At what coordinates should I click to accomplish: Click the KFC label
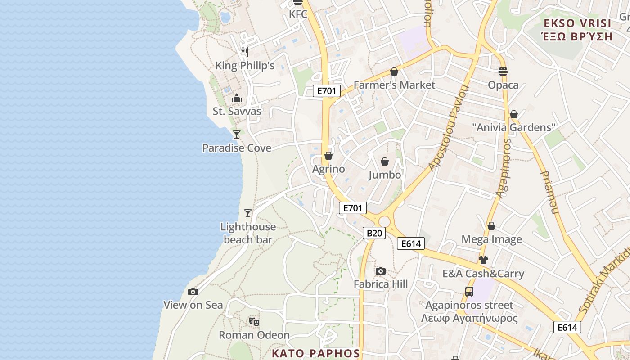point(298,14)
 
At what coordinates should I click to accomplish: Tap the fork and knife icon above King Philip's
point(245,52)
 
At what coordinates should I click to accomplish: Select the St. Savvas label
point(237,111)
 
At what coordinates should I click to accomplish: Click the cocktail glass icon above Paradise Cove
point(236,134)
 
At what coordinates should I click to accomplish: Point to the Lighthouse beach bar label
point(248,233)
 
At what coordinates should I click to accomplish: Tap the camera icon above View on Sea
point(193,292)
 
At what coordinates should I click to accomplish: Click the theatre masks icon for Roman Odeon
point(254,322)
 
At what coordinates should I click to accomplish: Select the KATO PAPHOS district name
point(316,353)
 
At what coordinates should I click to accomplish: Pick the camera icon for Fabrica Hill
point(381,271)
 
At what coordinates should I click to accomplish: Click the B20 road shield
point(374,233)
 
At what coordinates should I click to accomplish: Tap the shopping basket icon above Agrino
point(328,156)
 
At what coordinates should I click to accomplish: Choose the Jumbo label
point(385,175)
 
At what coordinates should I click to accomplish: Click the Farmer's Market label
point(394,85)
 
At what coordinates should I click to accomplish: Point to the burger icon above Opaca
point(503,72)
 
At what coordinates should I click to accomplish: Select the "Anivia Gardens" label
point(514,127)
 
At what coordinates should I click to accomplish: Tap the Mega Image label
point(491,239)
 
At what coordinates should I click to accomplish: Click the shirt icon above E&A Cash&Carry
point(483,260)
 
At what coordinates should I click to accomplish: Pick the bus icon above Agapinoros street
point(469,292)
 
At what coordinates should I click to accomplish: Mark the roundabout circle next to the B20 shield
point(384,221)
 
